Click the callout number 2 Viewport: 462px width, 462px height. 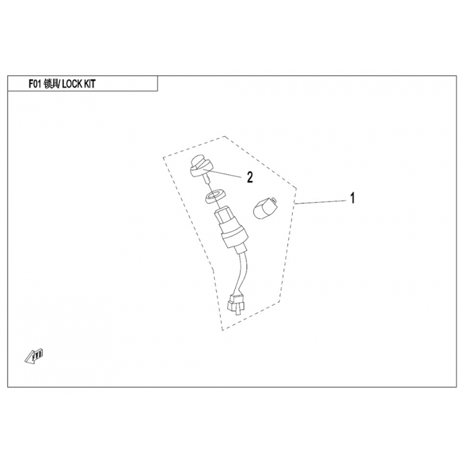point(249,177)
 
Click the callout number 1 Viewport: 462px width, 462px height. point(352,198)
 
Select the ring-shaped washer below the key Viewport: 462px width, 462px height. point(215,196)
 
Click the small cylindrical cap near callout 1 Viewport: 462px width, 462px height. point(264,208)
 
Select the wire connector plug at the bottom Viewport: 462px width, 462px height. point(236,304)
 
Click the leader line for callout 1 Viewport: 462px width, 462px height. point(321,202)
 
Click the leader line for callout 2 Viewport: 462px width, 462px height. point(223,173)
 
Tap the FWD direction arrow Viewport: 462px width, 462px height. point(33,356)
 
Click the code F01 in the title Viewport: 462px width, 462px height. point(35,84)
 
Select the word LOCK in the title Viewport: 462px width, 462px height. point(72,84)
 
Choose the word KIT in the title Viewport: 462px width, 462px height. point(90,84)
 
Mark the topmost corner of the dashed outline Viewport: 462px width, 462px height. point(225,136)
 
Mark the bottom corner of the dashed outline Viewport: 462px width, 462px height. point(222,330)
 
